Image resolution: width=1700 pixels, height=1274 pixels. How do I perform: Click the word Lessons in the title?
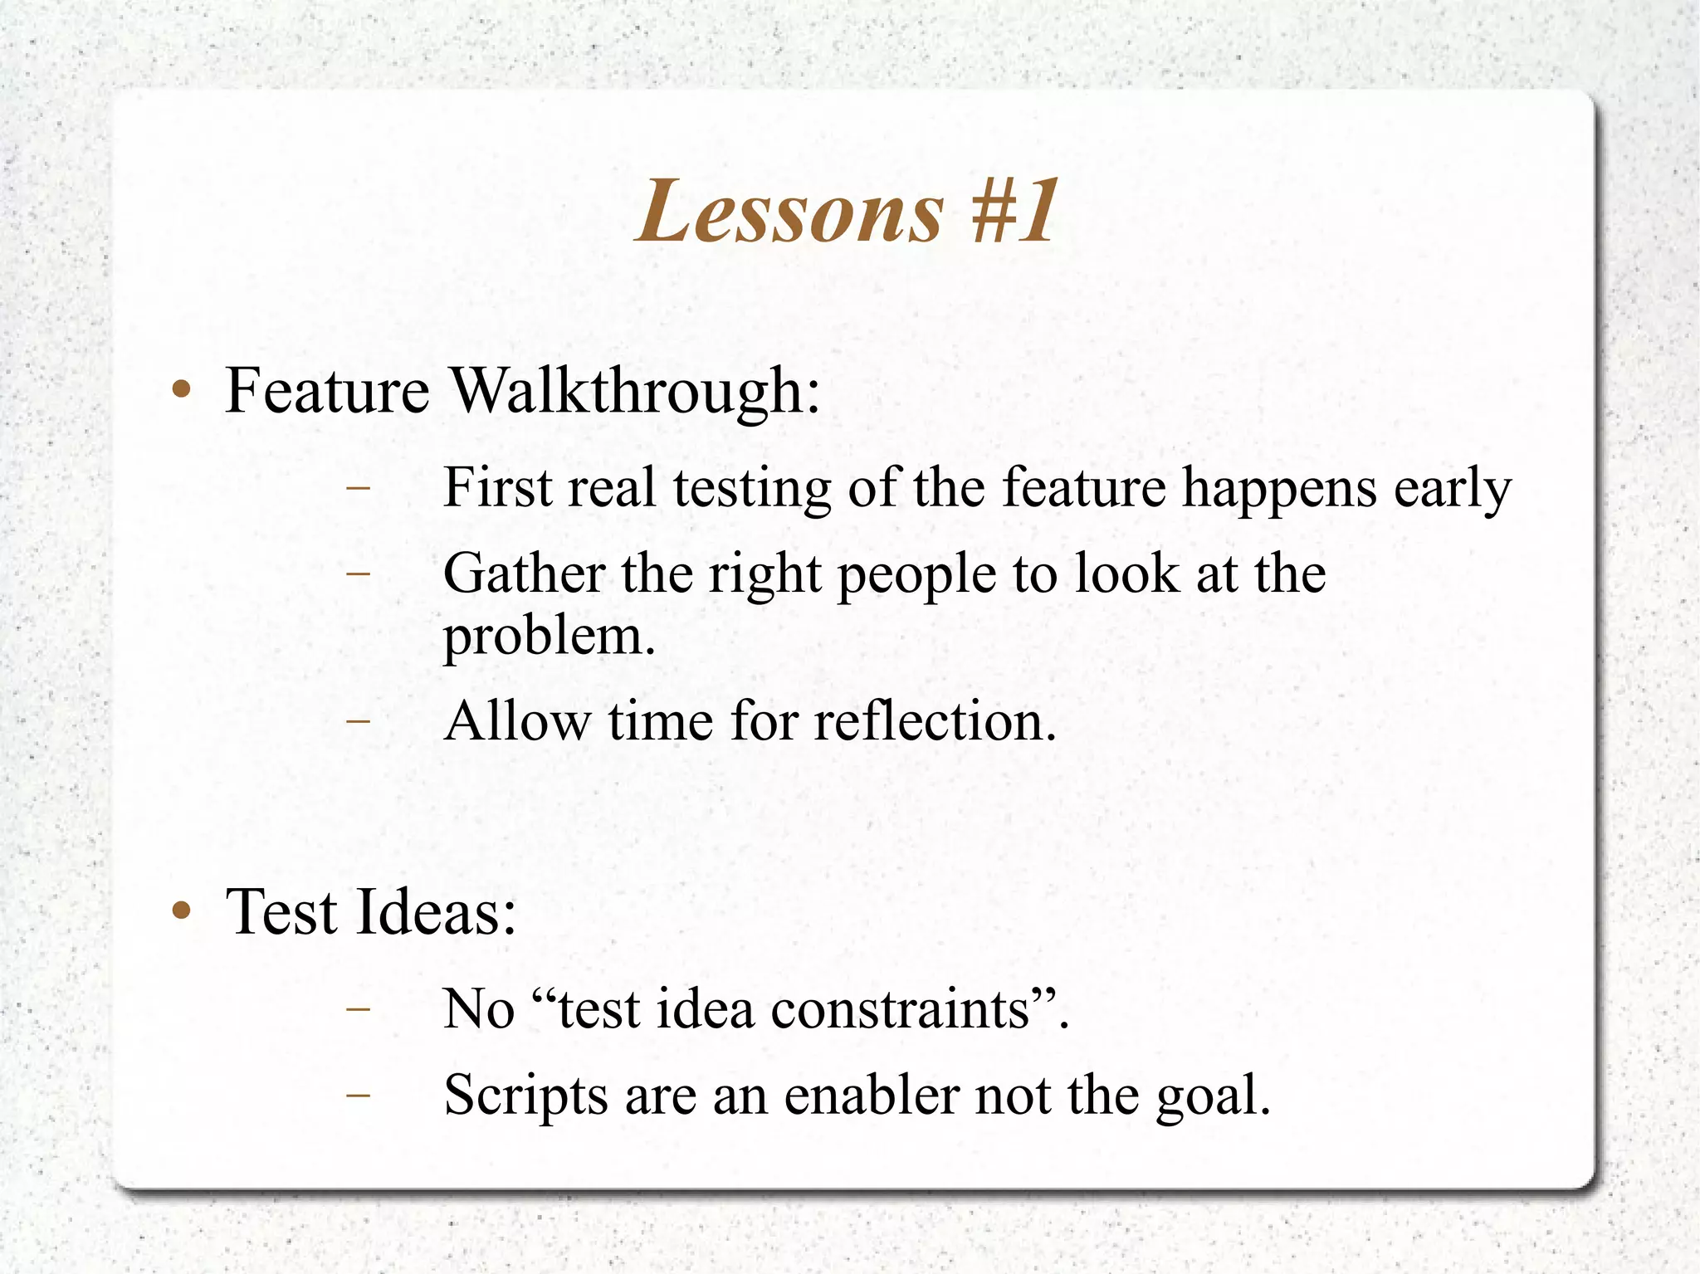click(790, 212)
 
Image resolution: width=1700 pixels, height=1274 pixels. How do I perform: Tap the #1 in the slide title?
click(1014, 212)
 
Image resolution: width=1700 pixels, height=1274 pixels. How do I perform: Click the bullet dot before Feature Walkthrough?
click(182, 389)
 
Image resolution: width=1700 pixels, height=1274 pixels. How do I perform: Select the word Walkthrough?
click(636, 391)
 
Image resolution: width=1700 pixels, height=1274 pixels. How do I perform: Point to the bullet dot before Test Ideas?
click(182, 911)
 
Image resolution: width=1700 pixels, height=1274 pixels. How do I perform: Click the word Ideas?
click(437, 911)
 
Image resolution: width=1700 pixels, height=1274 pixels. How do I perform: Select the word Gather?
click(525, 574)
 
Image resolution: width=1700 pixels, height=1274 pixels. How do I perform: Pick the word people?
click(916, 575)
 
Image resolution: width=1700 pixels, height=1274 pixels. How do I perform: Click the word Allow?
click(516, 720)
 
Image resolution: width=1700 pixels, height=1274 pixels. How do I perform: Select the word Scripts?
click(525, 1096)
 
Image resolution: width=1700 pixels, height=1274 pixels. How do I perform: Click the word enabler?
click(871, 1096)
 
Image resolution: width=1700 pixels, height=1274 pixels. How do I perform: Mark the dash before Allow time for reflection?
click(358, 721)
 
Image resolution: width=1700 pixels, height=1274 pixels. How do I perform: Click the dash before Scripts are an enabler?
click(358, 1096)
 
